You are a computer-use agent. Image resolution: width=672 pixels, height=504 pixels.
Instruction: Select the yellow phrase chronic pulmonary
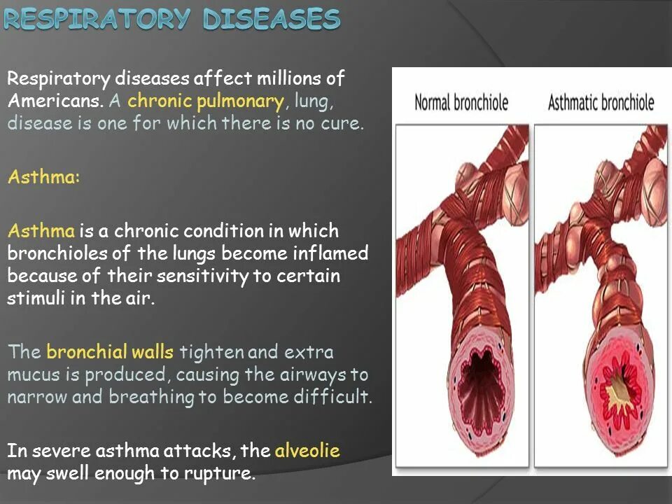click(x=205, y=101)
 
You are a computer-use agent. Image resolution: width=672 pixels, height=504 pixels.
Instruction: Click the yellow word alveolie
click(x=307, y=451)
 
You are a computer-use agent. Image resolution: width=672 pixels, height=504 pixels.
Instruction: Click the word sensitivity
click(x=203, y=275)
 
